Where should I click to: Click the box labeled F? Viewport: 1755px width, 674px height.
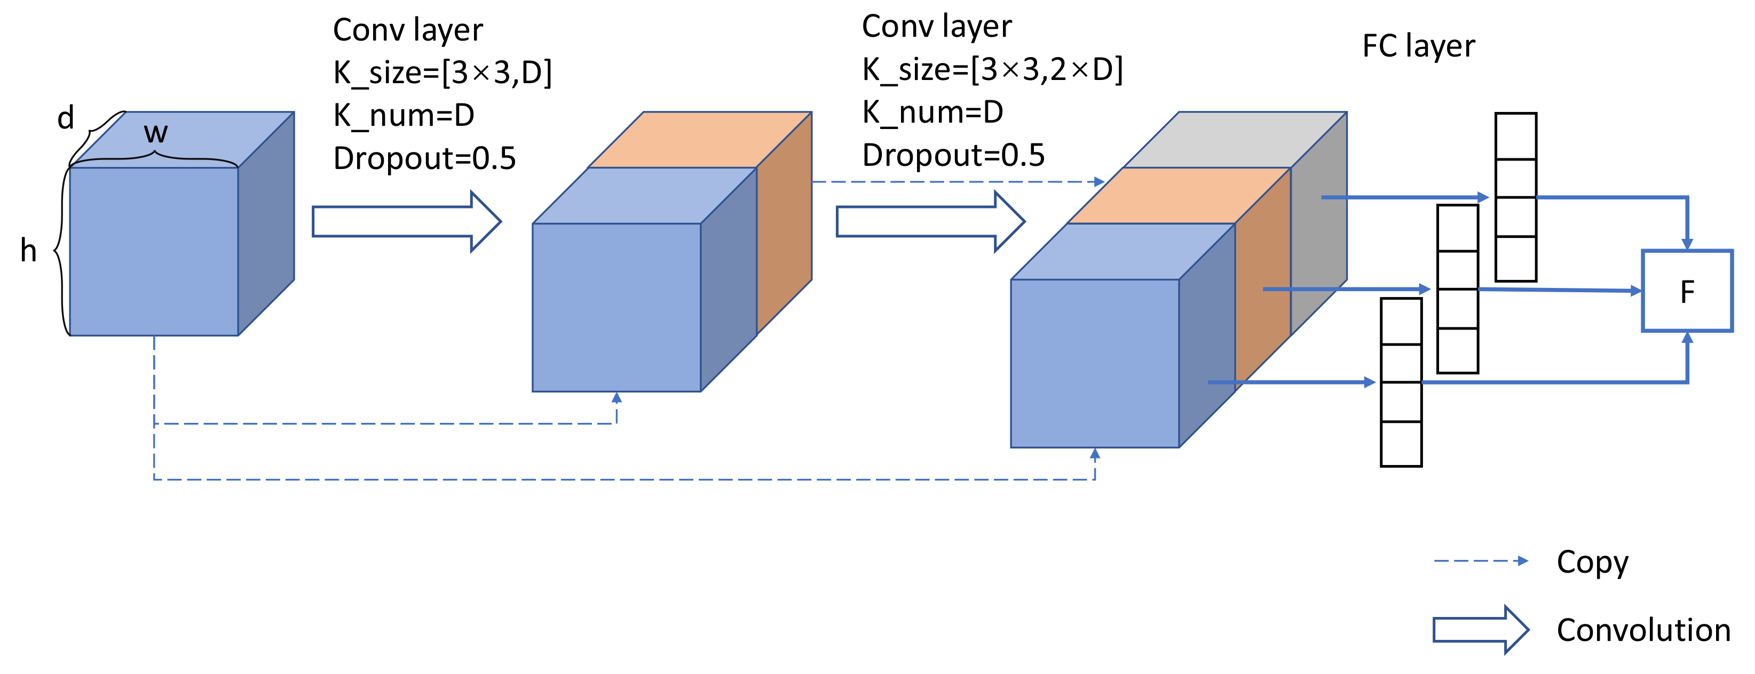(x=1687, y=291)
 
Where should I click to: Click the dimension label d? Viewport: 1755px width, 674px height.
(x=66, y=118)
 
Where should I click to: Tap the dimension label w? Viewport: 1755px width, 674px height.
(x=155, y=133)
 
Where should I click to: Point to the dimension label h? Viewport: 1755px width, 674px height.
(x=28, y=251)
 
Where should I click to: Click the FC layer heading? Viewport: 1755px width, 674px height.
(x=1418, y=46)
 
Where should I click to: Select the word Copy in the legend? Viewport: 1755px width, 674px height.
(x=1592, y=563)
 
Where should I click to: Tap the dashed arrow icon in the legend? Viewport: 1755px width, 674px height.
(x=1480, y=561)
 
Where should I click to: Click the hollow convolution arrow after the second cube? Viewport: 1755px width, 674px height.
(x=930, y=221)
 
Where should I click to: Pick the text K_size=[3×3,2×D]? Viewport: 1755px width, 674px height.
(x=992, y=69)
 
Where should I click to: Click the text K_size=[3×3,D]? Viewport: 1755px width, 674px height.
(x=442, y=72)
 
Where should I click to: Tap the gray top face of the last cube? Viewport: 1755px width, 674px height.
(x=1235, y=140)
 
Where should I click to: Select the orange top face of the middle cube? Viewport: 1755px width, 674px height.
(x=700, y=140)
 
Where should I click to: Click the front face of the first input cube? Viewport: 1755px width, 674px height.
(x=154, y=251)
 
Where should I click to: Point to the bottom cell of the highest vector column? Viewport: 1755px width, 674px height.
(x=1515, y=259)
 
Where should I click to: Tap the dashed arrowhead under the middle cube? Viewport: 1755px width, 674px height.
(x=616, y=398)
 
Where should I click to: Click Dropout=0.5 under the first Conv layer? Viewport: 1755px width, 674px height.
(x=424, y=158)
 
